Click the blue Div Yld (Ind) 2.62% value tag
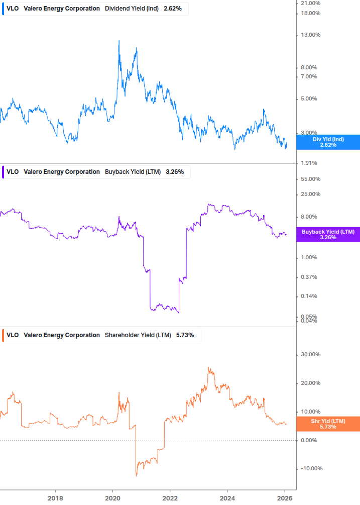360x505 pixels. [328, 142]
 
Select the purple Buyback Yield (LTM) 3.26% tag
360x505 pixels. [328, 235]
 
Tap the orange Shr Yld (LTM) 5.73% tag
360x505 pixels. [328, 424]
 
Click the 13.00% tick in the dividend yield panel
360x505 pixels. [310, 35]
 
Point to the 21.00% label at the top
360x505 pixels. [310, 4]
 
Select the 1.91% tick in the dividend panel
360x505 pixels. [309, 163]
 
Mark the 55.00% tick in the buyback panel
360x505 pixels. [310, 179]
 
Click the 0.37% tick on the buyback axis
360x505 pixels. [309, 277]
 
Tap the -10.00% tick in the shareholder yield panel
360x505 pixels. [310, 469]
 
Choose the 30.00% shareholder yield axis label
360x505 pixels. [310, 354]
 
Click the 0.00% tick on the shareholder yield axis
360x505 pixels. [309, 440]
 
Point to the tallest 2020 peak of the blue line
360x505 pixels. [119, 41]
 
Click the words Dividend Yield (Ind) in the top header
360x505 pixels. [132, 9]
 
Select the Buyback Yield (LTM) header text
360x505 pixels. [133, 172]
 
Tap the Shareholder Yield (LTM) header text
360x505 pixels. [138, 335]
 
